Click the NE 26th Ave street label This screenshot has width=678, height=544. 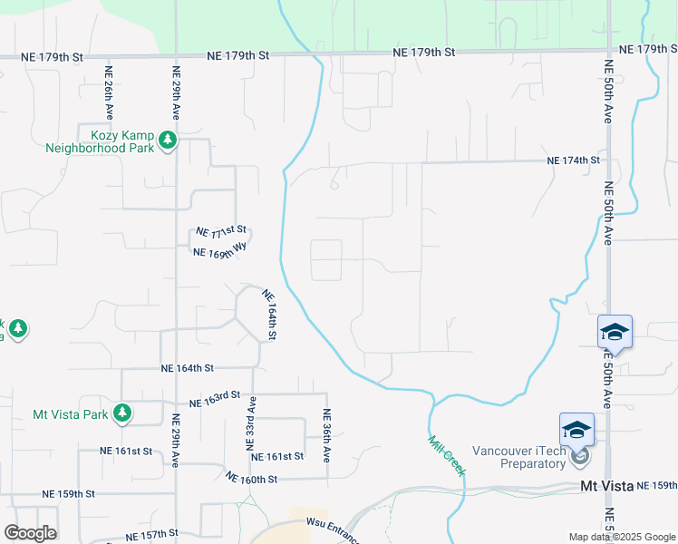[x=110, y=93]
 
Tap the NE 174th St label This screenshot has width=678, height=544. [x=574, y=160]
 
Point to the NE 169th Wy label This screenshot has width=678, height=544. [x=220, y=248]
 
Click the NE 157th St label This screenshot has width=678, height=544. [x=142, y=535]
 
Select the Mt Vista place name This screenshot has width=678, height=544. [x=606, y=487]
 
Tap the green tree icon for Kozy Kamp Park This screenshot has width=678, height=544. [x=168, y=141]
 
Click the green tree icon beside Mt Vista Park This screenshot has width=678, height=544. [x=122, y=414]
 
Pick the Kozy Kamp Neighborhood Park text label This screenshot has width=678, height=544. [x=100, y=141]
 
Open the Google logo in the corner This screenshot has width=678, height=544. [x=30, y=533]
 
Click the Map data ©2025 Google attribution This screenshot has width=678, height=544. [x=622, y=537]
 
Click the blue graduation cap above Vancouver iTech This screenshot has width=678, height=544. [x=576, y=430]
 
